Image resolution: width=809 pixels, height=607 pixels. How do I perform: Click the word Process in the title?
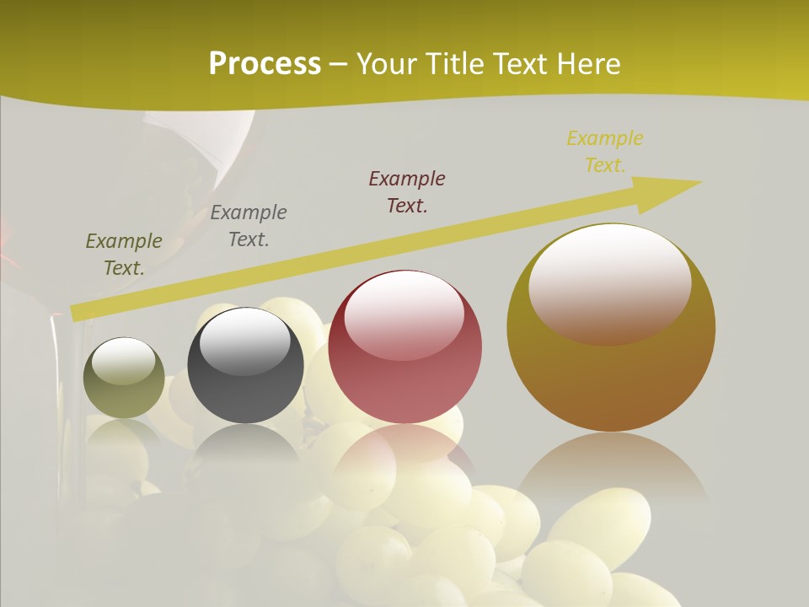point(265,64)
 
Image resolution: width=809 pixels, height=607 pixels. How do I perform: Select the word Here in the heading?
point(587,64)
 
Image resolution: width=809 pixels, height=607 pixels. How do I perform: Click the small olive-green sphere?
point(124,378)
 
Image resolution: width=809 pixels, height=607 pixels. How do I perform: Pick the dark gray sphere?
point(244,365)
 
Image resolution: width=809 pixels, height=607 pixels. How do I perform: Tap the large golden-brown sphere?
point(610,327)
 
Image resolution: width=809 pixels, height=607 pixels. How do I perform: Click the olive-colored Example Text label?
point(124,255)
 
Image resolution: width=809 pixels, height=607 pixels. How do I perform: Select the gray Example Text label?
point(249,226)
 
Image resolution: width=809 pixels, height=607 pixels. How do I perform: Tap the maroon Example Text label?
point(407,192)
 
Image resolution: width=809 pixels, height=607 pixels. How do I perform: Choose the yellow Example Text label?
point(605,152)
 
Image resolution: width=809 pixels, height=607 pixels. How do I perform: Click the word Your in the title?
point(384,64)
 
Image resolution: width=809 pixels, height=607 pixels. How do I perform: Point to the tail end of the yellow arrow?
point(76,314)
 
